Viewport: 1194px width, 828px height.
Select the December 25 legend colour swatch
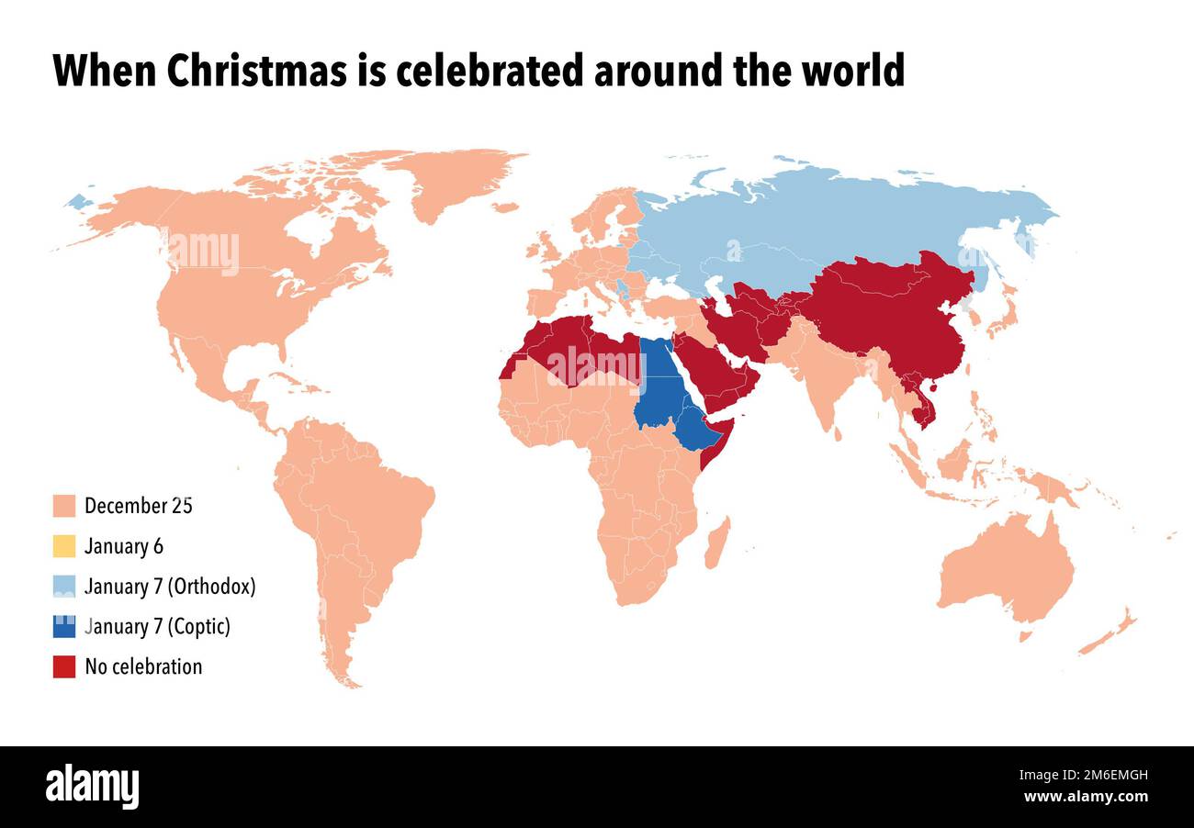64,506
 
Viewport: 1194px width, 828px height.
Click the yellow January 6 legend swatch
64,546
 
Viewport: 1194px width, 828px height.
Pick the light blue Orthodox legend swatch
64,587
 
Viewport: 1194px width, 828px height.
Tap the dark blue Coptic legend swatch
64,626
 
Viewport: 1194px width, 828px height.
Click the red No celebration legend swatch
64,666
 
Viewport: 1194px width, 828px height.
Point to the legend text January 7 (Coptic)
157,627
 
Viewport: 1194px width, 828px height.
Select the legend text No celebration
143,666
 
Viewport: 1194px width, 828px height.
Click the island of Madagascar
716,543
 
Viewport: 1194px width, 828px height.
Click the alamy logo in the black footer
92,787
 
